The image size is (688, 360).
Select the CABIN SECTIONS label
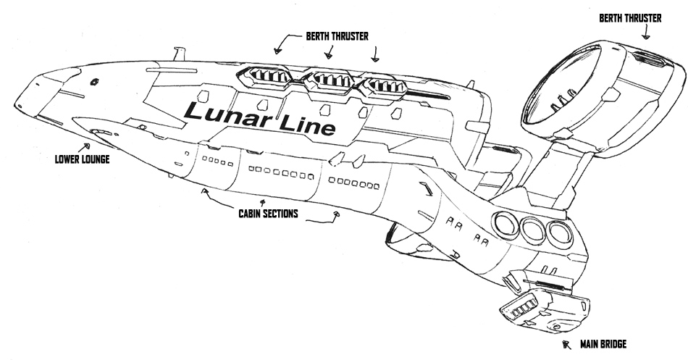pos(268,214)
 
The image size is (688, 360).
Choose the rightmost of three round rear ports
pos(559,233)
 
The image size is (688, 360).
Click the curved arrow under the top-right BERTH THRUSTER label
pos(645,30)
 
